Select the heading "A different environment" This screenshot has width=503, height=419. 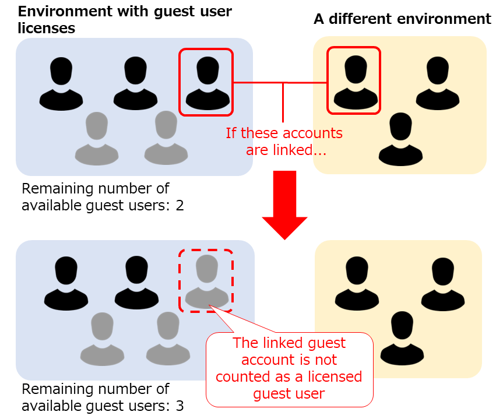click(x=402, y=19)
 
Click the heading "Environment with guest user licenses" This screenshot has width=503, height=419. click(x=125, y=19)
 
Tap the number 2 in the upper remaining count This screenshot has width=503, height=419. click(x=180, y=206)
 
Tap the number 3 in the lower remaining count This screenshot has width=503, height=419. click(x=180, y=406)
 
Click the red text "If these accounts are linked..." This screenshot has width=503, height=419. click(x=284, y=142)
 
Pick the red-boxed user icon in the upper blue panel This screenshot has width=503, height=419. click(x=206, y=83)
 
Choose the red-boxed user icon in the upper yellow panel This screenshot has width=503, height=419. click(x=354, y=82)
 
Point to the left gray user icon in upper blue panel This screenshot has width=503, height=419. click(x=97, y=138)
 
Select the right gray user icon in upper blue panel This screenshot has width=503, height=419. click(x=166, y=138)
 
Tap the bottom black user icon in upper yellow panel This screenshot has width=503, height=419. click(x=400, y=140)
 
